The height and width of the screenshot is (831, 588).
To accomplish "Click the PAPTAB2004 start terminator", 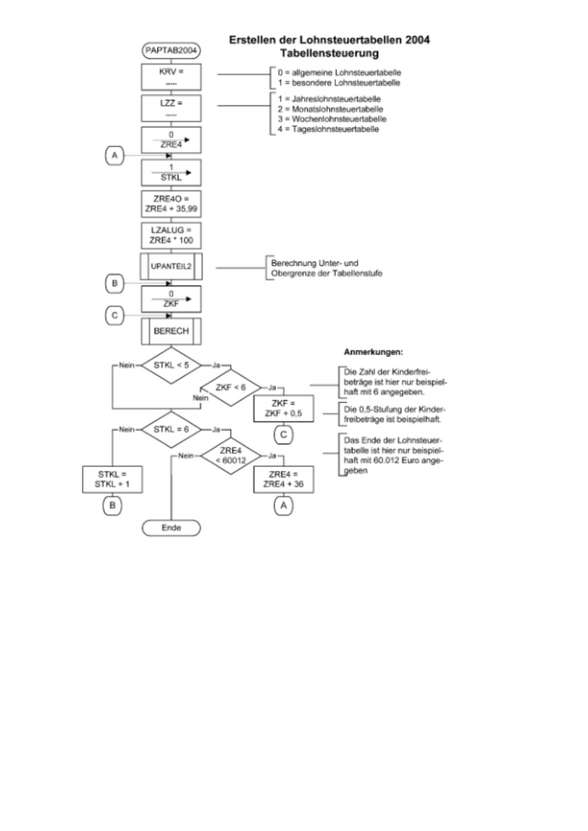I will point(171,50).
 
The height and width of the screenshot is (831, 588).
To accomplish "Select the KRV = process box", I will point(171,77).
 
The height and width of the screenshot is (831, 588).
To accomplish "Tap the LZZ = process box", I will point(171,108).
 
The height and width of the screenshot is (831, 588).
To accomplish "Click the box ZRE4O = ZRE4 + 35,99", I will point(171,203).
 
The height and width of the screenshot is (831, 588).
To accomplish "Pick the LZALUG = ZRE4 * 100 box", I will point(171,235).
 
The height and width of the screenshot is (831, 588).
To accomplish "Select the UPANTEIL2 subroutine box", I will point(171,267).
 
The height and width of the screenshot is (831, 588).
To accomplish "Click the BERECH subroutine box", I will point(171,332).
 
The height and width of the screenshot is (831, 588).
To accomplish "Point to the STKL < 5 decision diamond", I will point(171,365).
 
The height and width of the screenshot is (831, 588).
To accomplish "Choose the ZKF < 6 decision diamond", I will point(230,387).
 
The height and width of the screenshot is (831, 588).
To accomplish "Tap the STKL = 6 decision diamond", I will point(171,429).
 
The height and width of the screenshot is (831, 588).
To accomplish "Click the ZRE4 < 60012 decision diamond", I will point(230,455).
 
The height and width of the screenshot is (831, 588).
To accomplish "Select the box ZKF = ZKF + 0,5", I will point(283,409).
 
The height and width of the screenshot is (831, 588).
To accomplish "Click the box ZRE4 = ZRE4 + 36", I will point(283,480).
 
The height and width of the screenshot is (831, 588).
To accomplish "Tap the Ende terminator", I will point(171,528).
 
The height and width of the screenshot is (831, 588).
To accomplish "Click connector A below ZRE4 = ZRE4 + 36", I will point(283,506).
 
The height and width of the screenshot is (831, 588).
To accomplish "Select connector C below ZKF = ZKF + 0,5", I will point(283,435).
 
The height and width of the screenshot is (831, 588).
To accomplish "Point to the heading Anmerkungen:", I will point(374,351).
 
